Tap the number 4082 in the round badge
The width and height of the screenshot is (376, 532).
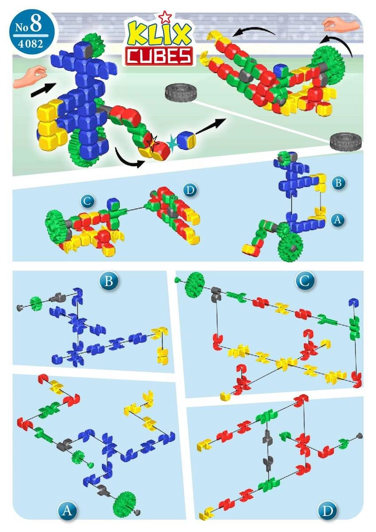pos(31,44)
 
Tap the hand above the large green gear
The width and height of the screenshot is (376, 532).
pos(341,25)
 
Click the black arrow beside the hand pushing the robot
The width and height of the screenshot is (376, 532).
pos(44,89)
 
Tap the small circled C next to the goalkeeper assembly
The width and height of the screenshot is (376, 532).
pos(87,201)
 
